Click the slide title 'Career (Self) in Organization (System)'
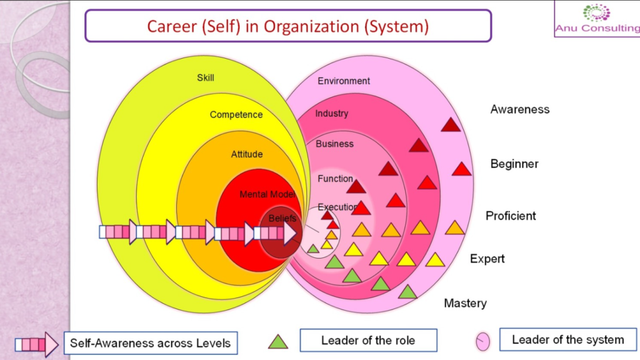click(287, 26)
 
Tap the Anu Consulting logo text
click(596, 28)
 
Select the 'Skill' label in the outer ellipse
click(206, 77)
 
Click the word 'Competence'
click(236, 115)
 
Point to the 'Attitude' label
click(247, 154)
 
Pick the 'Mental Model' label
click(267, 194)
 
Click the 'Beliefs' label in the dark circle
click(282, 219)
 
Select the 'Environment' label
click(344, 81)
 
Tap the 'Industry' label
click(332, 114)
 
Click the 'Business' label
click(334, 144)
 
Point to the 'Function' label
click(336, 179)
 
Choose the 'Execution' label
click(337, 207)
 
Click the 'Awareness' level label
click(520, 109)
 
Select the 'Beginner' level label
click(514, 164)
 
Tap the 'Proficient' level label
click(511, 216)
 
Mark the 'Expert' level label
click(487, 259)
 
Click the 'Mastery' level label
click(465, 303)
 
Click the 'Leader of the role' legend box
click(368, 341)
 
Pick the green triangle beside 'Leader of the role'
click(278, 341)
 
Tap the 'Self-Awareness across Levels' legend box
click(150, 342)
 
